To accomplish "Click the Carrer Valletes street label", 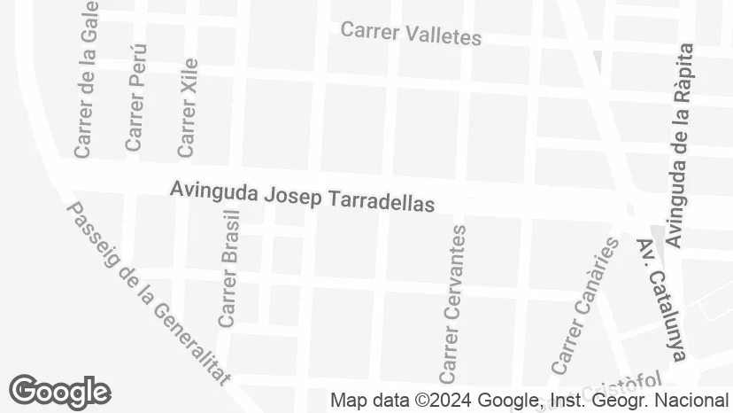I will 411,34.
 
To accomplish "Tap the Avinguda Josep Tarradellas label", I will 302,196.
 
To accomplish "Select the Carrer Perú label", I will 135,97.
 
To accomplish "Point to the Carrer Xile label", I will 188,107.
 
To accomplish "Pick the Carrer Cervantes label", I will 452,300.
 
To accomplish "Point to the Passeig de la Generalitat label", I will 148,293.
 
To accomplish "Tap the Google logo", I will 59,391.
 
